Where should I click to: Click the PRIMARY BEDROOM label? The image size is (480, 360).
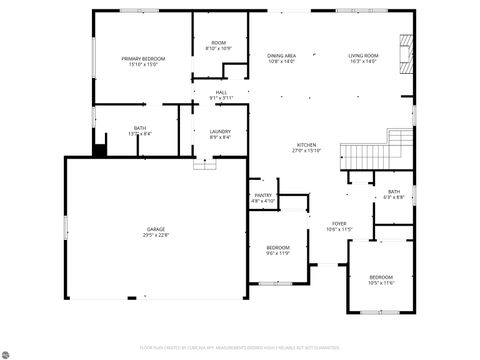tap(143, 59)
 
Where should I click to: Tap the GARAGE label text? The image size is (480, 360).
tap(155, 229)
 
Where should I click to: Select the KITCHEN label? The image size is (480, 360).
tap(306, 145)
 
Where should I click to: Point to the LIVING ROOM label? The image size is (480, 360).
tap(363, 55)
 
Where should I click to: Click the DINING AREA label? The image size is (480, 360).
tap(281, 55)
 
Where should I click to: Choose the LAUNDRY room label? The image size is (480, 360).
tap(220, 132)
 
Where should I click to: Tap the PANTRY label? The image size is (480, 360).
tap(263, 195)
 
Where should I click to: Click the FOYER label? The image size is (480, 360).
tap(340, 224)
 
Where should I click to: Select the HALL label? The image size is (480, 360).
tap(221, 92)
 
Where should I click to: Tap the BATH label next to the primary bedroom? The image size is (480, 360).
tap(140, 128)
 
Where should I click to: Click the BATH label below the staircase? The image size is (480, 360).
tap(394, 191)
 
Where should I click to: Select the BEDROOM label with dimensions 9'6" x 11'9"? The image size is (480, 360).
tap(277, 247)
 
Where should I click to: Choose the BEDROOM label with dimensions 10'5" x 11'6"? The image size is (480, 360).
tap(381, 276)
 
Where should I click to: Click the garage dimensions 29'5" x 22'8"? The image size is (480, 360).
tap(155, 235)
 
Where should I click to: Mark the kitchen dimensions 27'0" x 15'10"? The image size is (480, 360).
tap(306, 151)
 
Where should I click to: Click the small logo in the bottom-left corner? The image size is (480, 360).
tap(8, 352)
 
